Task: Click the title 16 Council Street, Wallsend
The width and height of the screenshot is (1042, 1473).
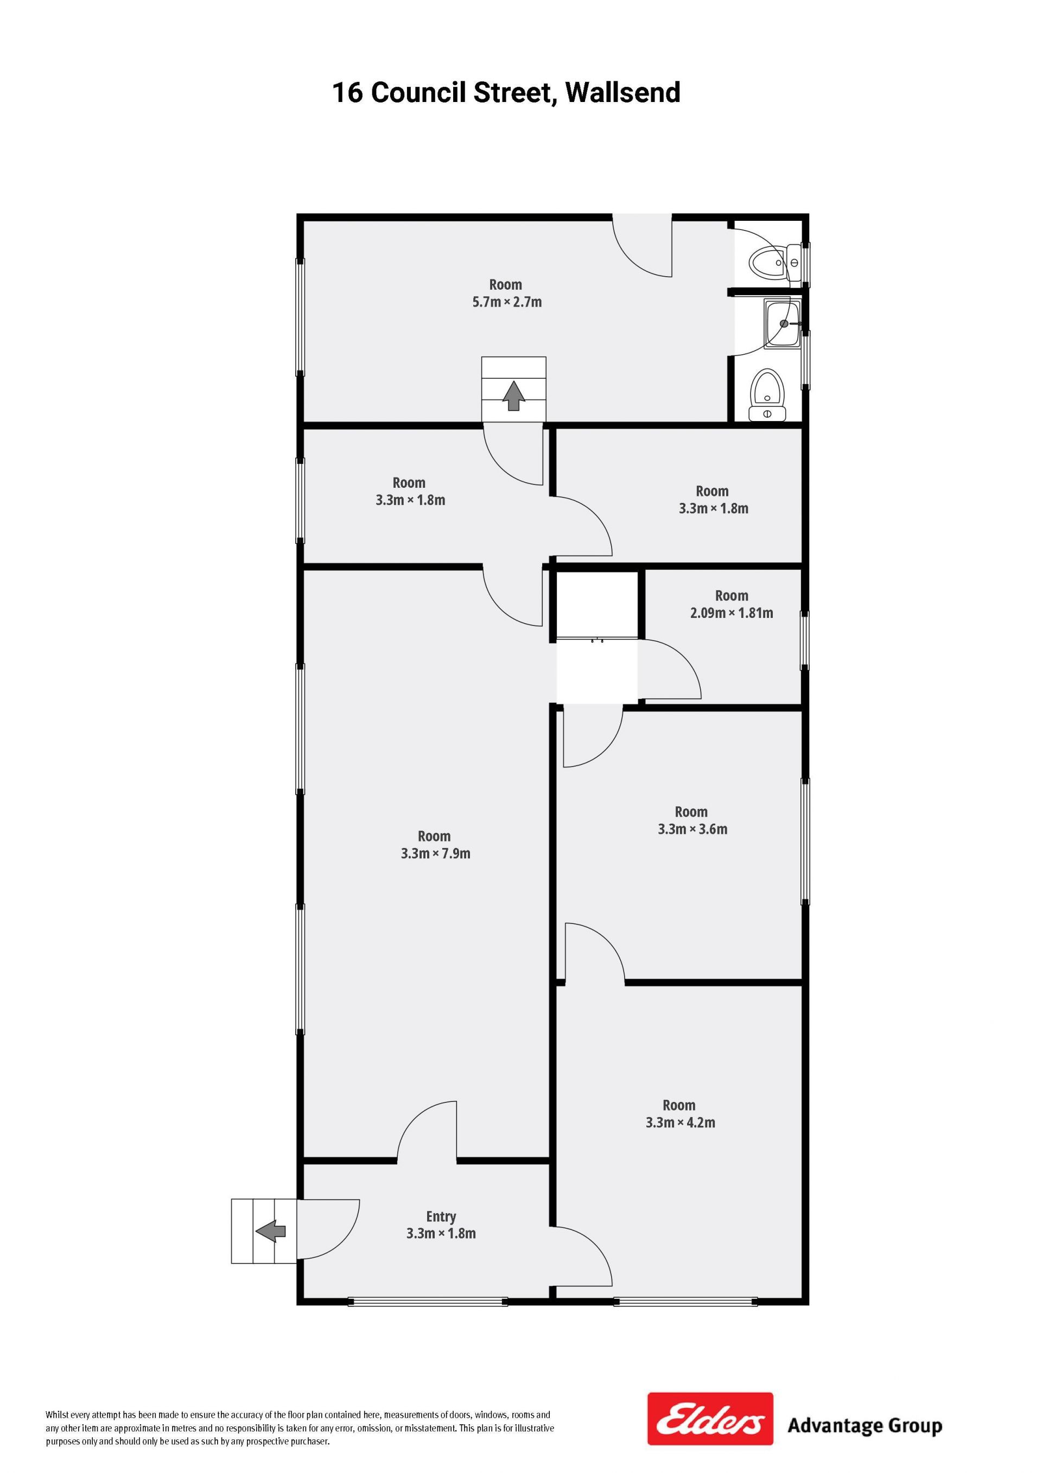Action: click(506, 93)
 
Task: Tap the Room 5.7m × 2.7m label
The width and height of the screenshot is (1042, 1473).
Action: click(507, 293)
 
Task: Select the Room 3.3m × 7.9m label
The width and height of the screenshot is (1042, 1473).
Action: click(435, 845)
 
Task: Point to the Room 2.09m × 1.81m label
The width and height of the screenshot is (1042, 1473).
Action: click(732, 604)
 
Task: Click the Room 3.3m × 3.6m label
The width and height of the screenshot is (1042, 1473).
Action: click(692, 820)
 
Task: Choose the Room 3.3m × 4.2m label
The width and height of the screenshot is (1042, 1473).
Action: click(680, 1114)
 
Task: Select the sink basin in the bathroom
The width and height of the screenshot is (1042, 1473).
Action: click(782, 324)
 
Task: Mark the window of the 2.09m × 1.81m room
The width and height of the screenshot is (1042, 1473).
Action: click(805, 640)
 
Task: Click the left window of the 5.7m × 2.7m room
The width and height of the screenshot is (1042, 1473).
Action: click(300, 317)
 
